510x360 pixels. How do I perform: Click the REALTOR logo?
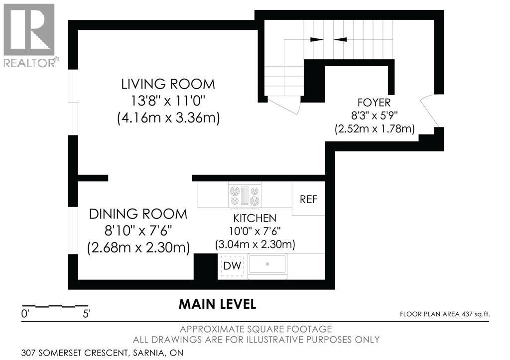29,35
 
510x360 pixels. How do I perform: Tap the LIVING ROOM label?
168,84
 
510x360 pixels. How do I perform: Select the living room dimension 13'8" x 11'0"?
168,101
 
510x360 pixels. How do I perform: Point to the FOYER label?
374,103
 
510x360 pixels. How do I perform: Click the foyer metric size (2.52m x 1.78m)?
375,129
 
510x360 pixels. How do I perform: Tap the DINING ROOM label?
138,214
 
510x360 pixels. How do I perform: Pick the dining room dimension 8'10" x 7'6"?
138,231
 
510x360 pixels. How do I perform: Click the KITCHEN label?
255,218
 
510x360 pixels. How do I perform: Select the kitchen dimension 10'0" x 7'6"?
255,231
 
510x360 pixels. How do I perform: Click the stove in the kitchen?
245,196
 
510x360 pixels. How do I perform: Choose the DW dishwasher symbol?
232,266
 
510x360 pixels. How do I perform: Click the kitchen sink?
267,264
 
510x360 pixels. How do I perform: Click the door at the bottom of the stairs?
283,105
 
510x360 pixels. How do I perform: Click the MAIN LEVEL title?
217,304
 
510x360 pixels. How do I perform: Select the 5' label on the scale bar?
87,314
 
